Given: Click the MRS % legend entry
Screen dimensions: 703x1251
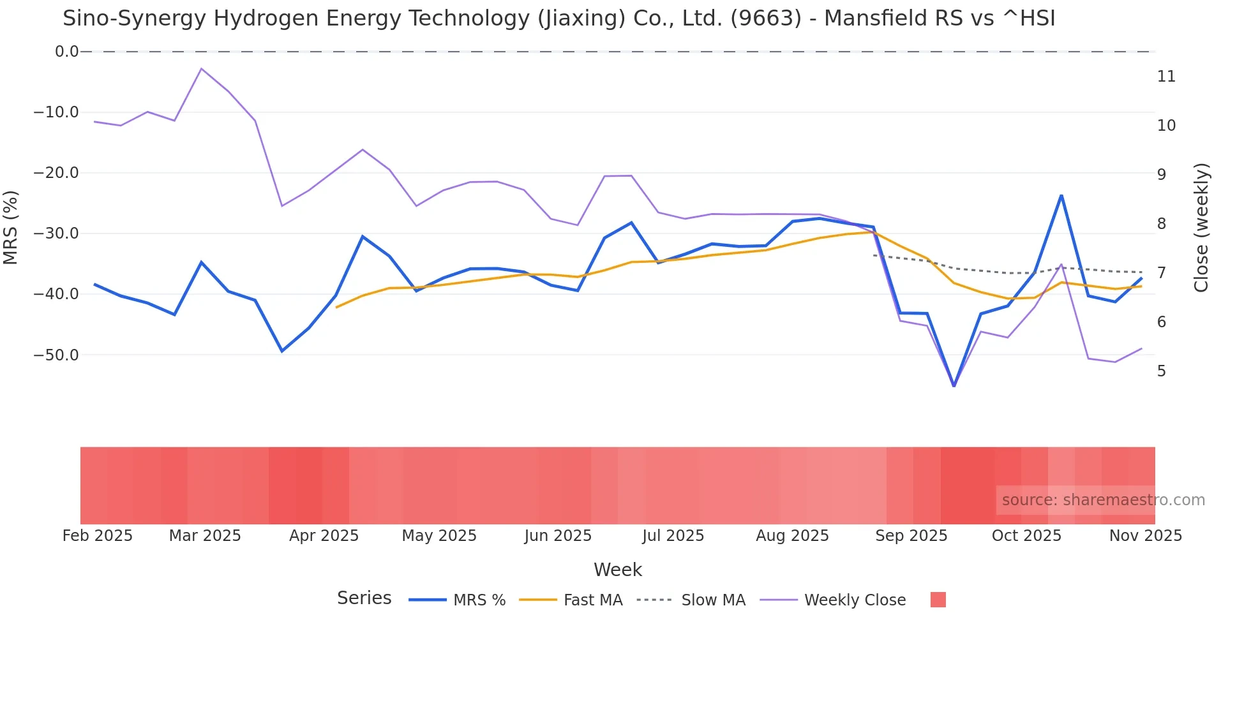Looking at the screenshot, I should (x=457, y=600).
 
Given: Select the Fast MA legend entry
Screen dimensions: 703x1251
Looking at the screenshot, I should (x=571, y=600).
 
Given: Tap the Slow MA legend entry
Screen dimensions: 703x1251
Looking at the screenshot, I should (x=691, y=600).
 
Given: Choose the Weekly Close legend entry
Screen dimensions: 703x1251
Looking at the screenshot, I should (x=832, y=600).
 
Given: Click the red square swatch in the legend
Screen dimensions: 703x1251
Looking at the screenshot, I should (x=938, y=600).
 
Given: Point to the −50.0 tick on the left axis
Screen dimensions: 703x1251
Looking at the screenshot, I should (x=56, y=355).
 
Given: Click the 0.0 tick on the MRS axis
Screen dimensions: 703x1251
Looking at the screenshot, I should (x=66, y=52).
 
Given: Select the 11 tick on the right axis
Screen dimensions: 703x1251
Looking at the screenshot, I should (x=1166, y=77).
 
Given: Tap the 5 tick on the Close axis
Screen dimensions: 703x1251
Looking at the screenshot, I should (x=1162, y=371).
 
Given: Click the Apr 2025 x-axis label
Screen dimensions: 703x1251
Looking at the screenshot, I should (x=324, y=536).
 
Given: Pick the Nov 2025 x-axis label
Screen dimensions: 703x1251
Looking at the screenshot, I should (x=1145, y=536).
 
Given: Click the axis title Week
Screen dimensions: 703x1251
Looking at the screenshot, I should (x=617, y=570).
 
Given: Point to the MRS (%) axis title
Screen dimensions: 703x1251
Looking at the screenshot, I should (x=11, y=227).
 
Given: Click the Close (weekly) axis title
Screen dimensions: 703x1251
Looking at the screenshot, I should (x=1201, y=227).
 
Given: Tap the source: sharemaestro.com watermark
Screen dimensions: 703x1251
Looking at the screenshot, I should (x=1103, y=500).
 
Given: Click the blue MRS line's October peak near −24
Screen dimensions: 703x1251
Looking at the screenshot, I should (x=1061, y=195).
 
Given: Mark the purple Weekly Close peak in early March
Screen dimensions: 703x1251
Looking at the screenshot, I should (x=201, y=68).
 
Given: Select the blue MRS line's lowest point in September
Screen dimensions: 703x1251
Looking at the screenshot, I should (x=954, y=386).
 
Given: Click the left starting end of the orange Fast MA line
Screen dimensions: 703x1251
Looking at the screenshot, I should (x=337, y=307).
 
